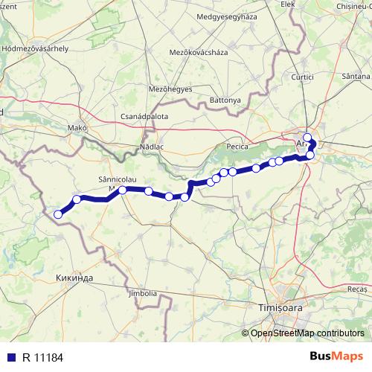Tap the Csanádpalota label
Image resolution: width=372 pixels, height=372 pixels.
pyautogui.click(x=144, y=117)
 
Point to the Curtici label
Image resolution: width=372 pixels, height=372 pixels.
pyautogui.click(x=303, y=77)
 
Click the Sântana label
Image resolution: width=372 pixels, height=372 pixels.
pyautogui.click(x=353, y=77)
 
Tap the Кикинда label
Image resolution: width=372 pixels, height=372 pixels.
pyautogui.click(x=74, y=278)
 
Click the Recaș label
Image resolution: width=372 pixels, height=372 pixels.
pyautogui.click(x=357, y=286)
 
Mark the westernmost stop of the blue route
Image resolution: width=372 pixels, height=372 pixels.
pyautogui.click(x=58, y=215)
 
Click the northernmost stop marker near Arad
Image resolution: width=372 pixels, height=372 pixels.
pyautogui.click(x=307, y=137)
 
